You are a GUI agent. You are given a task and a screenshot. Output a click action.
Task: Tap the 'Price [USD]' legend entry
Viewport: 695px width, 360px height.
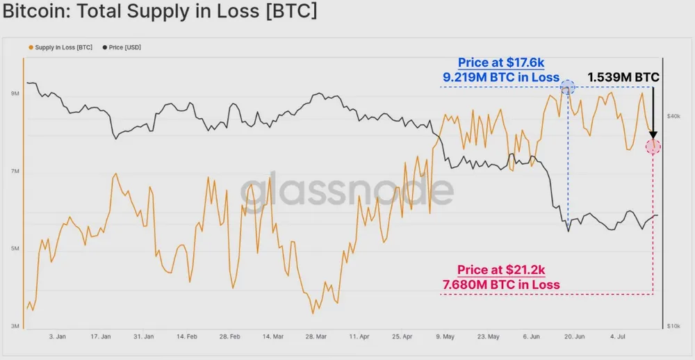124,47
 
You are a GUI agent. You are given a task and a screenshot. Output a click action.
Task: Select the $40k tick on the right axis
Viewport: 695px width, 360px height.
673,117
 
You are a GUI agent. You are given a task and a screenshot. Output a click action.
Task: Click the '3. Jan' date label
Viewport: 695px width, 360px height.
57,336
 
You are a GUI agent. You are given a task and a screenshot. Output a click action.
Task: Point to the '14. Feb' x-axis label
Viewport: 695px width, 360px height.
188,336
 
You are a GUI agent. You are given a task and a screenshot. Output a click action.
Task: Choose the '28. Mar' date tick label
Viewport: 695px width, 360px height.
317,336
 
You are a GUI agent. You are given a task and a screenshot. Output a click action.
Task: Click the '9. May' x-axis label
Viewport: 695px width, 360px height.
445,336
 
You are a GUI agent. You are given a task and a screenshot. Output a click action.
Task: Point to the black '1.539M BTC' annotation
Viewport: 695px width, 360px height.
623,76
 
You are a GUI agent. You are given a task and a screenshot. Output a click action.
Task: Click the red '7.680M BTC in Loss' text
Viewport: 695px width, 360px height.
501,284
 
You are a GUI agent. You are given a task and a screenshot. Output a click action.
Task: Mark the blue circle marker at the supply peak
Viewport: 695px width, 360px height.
568,87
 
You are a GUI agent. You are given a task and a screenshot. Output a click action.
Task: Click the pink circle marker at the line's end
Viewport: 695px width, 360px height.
653,146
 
